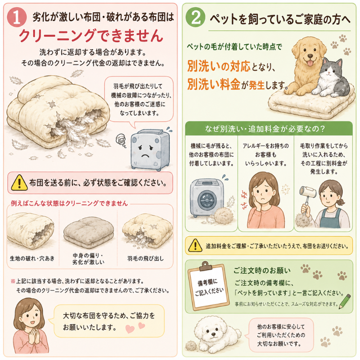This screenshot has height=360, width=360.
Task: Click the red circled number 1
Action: [17, 18]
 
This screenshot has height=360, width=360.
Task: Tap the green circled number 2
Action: [195, 17]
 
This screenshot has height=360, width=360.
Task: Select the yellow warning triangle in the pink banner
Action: [19, 183]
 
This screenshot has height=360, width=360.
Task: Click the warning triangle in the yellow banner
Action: [195, 245]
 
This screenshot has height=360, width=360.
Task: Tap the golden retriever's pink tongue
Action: [310, 63]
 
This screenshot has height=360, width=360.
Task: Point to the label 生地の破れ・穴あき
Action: [32, 258]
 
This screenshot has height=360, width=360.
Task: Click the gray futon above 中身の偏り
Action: [88, 232]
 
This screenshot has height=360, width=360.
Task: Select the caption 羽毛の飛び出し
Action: [145, 258]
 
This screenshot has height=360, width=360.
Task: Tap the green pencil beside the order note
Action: [345, 301]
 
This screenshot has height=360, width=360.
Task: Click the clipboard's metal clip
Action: [206, 266]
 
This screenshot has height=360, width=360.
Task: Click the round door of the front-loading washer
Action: [207, 200]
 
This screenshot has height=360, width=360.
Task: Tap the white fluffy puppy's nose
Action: [214, 334]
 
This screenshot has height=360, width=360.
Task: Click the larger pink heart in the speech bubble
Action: [130, 329]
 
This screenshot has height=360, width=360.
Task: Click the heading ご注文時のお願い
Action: [262, 271]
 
